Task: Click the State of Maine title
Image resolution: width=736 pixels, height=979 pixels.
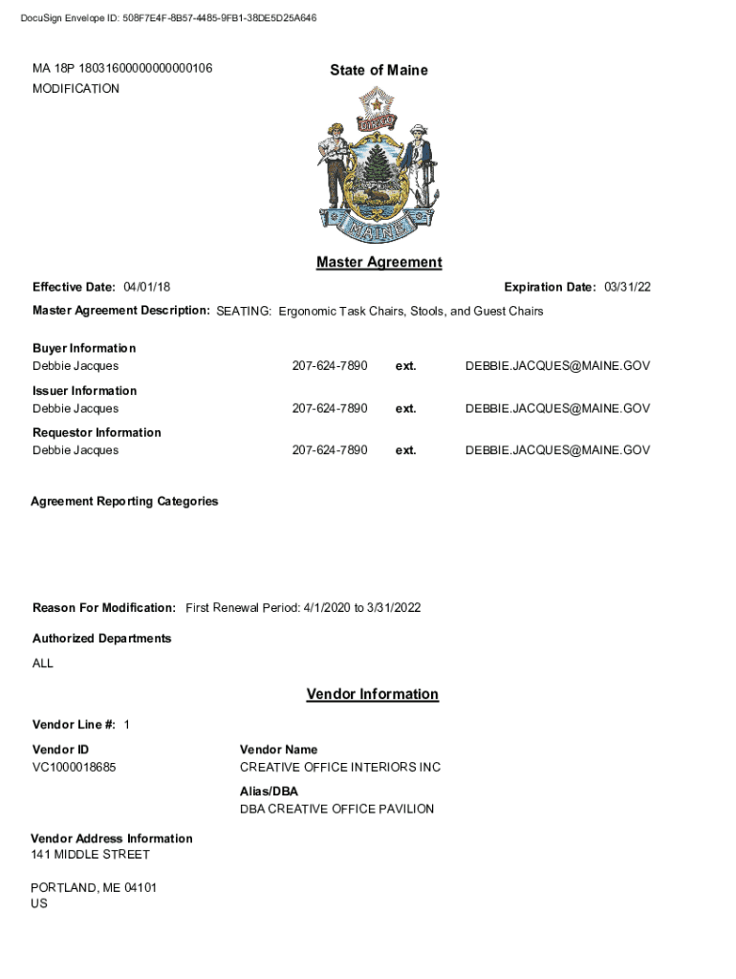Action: pyautogui.click(x=379, y=70)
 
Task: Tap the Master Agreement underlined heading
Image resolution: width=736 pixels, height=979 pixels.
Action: pyautogui.click(x=379, y=262)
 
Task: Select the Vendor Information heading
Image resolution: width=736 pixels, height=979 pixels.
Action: pyautogui.click(x=372, y=694)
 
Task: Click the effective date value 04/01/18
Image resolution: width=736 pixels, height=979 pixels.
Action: pyautogui.click(x=147, y=288)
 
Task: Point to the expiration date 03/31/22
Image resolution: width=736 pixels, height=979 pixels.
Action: pyautogui.click(x=627, y=288)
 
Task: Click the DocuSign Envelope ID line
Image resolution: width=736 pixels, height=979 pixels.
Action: pyautogui.click(x=168, y=18)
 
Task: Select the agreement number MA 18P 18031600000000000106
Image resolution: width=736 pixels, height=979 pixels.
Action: pyautogui.click(x=122, y=69)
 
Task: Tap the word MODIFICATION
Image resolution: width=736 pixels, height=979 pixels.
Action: pyautogui.click(x=76, y=89)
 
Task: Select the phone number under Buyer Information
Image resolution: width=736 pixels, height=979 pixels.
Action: pyautogui.click(x=330, y=366)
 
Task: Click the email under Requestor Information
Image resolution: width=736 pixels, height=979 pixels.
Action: pyautogui.click(x=557, y=450)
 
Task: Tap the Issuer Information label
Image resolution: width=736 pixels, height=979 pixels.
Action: pyautogui.click(x=85, y=391)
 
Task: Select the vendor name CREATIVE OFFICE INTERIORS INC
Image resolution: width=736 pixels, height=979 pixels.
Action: pyautogui.click(x=340, y=767)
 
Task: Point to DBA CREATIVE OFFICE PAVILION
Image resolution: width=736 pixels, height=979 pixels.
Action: pyautogui.click(x=336, y=809)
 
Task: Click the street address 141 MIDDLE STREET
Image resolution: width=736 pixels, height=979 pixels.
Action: pyautogui.click(x=90, y=854)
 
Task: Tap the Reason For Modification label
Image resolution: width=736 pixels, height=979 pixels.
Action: pyautogui.click(x=104, y=608)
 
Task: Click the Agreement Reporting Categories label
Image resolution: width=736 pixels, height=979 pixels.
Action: pyautogui.click(x=124, y=501)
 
